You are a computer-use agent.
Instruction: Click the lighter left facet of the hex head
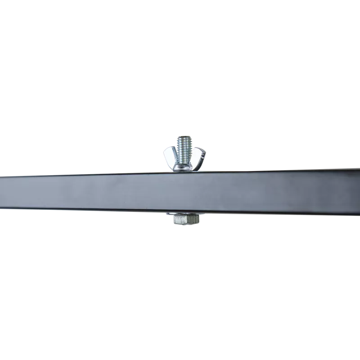(179, 220)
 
